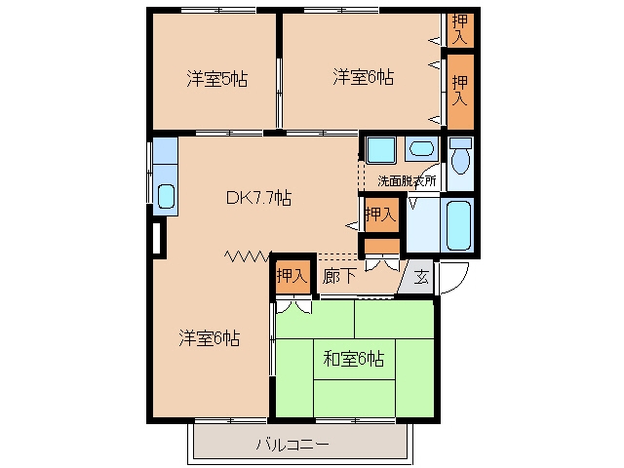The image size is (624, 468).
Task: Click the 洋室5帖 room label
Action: pos(217,79)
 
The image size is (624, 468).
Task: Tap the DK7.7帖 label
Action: pos(258,197)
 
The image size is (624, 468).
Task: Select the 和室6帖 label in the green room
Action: pos(354,359)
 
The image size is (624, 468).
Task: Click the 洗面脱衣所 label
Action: pos(407,181)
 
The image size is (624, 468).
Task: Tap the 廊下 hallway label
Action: pos(339,276)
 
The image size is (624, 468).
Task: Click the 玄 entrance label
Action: pos(421,277)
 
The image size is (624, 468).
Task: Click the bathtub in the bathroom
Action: pos(459,225)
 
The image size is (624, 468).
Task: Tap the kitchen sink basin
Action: pos(166,196)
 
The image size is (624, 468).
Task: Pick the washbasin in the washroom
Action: pos(421,149)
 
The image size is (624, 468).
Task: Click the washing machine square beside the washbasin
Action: pos(381,150)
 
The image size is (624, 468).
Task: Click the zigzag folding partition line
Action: pos(248,255)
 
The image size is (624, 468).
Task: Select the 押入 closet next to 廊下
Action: pos(292,276)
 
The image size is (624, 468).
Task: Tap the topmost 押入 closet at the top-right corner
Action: pos(460,29)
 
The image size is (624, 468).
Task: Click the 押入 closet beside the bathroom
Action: pos(381,214)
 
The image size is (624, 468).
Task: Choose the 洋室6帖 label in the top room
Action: pos(364,77)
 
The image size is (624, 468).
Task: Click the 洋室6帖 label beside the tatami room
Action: pos(210,338)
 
